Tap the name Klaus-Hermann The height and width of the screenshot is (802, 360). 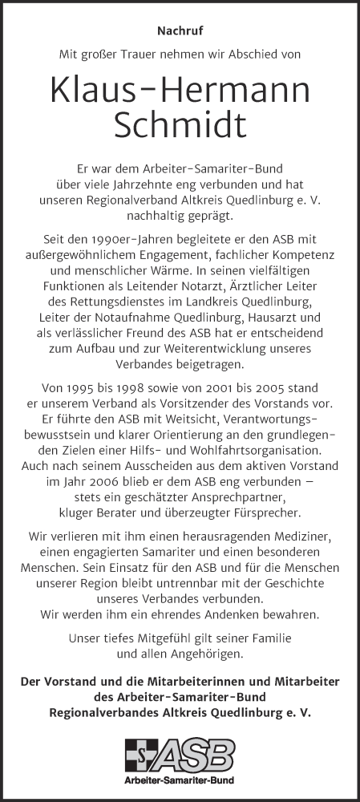coord(180,92)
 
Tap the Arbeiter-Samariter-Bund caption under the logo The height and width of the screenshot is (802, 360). coord(180,779)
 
